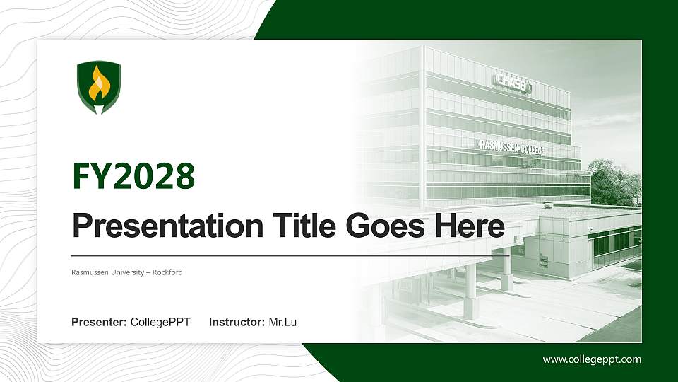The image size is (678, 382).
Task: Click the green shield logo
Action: pyautogui.click(x=98, y=88)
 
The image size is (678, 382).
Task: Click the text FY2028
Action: pyautogui.click(x=133, y=176)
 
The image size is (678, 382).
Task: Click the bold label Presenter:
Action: pyautogui.click(x=99, y=323)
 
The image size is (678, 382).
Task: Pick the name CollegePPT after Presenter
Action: pyautogui.click(x=160, y=323)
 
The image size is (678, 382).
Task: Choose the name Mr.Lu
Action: pyautogui.click(x=282, y=323)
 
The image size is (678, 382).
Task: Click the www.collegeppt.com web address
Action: pyautogui.click(x=592, y=359)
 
